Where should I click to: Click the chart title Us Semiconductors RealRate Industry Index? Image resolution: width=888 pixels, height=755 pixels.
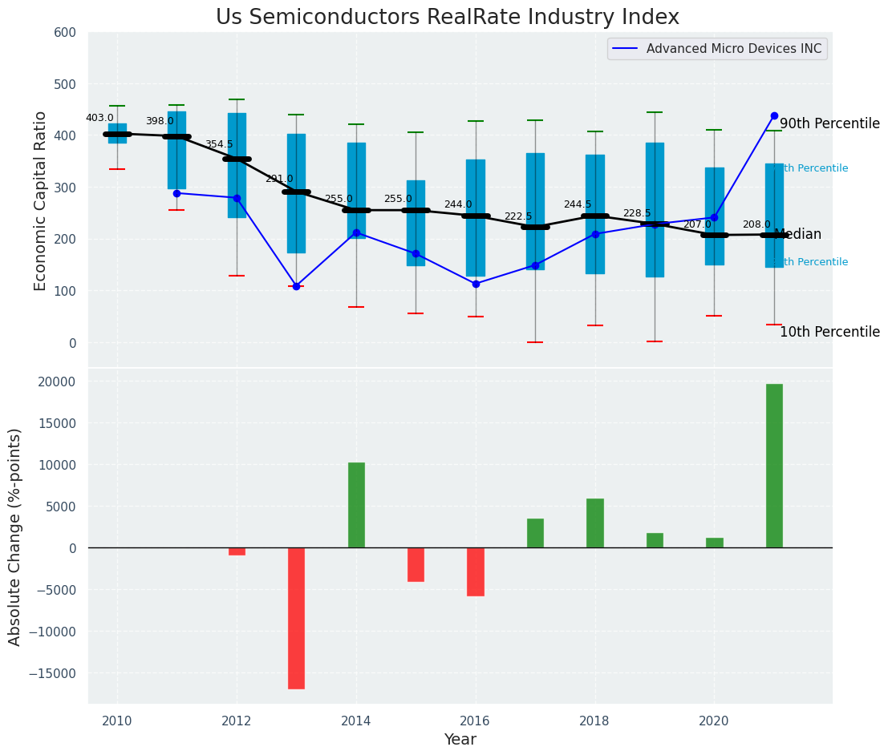pyautogui.click(x=447, y=18)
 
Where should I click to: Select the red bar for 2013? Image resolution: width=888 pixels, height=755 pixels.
pyautogui.click(x=296, y=618)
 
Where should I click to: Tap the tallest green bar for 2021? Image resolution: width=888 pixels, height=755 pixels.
pyautogui.click(x=774, y=466)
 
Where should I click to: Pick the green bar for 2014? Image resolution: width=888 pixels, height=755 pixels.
pyautogui.click(x=356, y=505)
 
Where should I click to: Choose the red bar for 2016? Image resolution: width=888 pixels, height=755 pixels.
pyautogui.click(x=476, y=571)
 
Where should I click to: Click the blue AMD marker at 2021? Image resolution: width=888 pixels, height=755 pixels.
pyautogui.click(x=774, y=116)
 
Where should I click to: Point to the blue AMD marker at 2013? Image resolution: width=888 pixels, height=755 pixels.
pyautogui.click(x=296, y=286)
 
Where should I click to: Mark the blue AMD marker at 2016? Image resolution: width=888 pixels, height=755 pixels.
pyautogui.click(x=476, y=284)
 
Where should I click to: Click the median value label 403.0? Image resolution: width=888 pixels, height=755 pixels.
pyautogui.click(x=99, y=119)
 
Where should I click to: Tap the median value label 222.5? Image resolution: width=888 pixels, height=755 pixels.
pyautogui.click(x=518, y=217)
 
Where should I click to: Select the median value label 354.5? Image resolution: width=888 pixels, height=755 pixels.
pyautogui.click(x=219, y=145)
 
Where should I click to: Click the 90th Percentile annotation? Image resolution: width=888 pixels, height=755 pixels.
pyautogui.click(x=829, y=124)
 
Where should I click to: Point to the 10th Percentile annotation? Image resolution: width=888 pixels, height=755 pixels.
pyautogui.click(x=829, y=333)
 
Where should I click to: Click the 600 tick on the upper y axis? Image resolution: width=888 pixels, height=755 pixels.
pyautogui.click(x=65, y=33)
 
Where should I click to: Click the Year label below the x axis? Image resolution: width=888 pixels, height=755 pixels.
pyautogui.click(x=460, y=740)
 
